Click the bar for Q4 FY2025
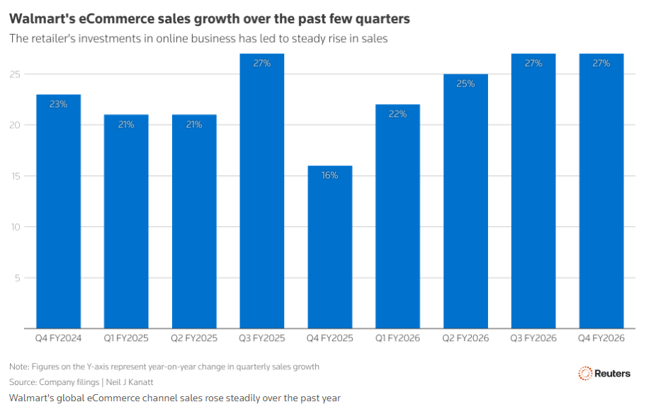(x=329, y=247)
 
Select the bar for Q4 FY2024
(x=58, y=212)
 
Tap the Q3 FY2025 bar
(x=262, y=191)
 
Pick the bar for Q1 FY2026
(x=397, y=217)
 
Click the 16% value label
(x=329, y=176)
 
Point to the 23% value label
(x=58, y=104)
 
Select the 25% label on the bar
(x=465, y=84)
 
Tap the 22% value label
(x=397, y=114)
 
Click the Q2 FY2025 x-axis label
(x=193, y=338)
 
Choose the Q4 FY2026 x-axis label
(x=601, y=338)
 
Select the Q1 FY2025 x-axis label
(x=126, y=338)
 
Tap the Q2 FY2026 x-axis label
(x=465, y=338)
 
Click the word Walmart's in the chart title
(x=43, y=18)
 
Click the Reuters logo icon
(x=585, y=373)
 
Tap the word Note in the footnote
(x=18, y=367)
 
